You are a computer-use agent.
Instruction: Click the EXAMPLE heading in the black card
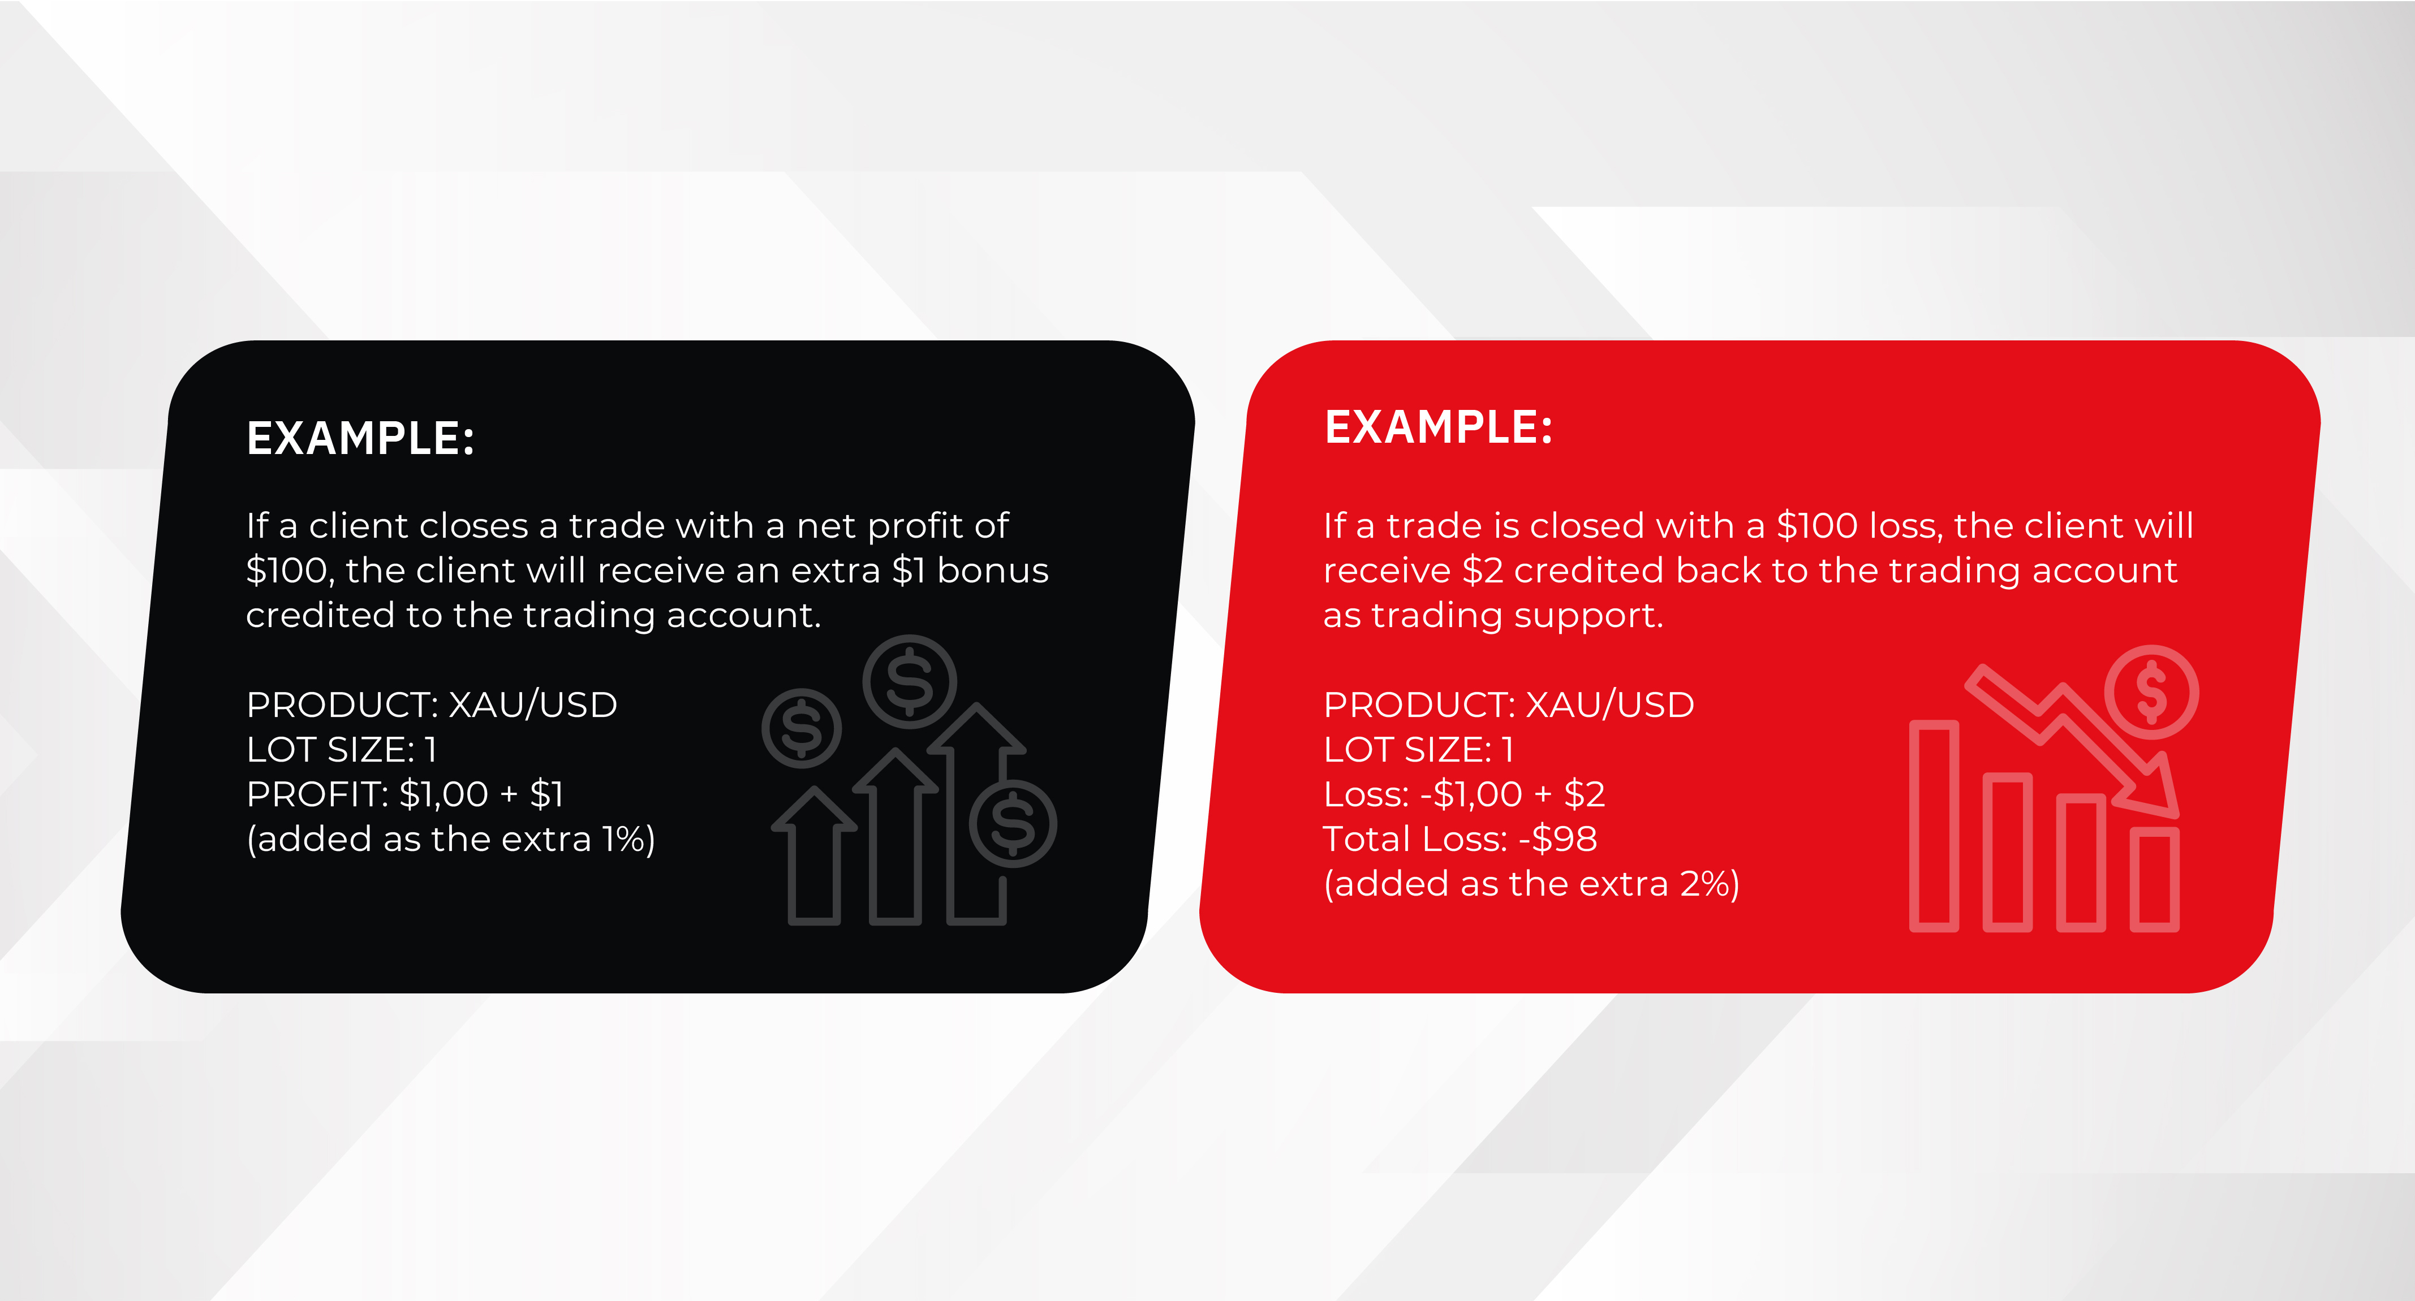pos(360,438)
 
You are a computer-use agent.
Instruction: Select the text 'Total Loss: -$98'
pos(1460,839)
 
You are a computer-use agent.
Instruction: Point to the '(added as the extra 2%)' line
pos(1531,884)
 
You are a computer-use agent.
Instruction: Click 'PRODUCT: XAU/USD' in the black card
pos(431,705)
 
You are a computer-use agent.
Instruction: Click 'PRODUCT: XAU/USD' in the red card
pos(1508,705)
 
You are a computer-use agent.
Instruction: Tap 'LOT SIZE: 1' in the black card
pos(341,750)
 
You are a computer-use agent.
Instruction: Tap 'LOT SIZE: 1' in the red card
pos(1418,750)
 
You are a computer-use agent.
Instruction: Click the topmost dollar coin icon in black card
pos(910,681)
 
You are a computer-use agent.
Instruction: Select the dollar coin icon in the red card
pos(2151,691)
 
